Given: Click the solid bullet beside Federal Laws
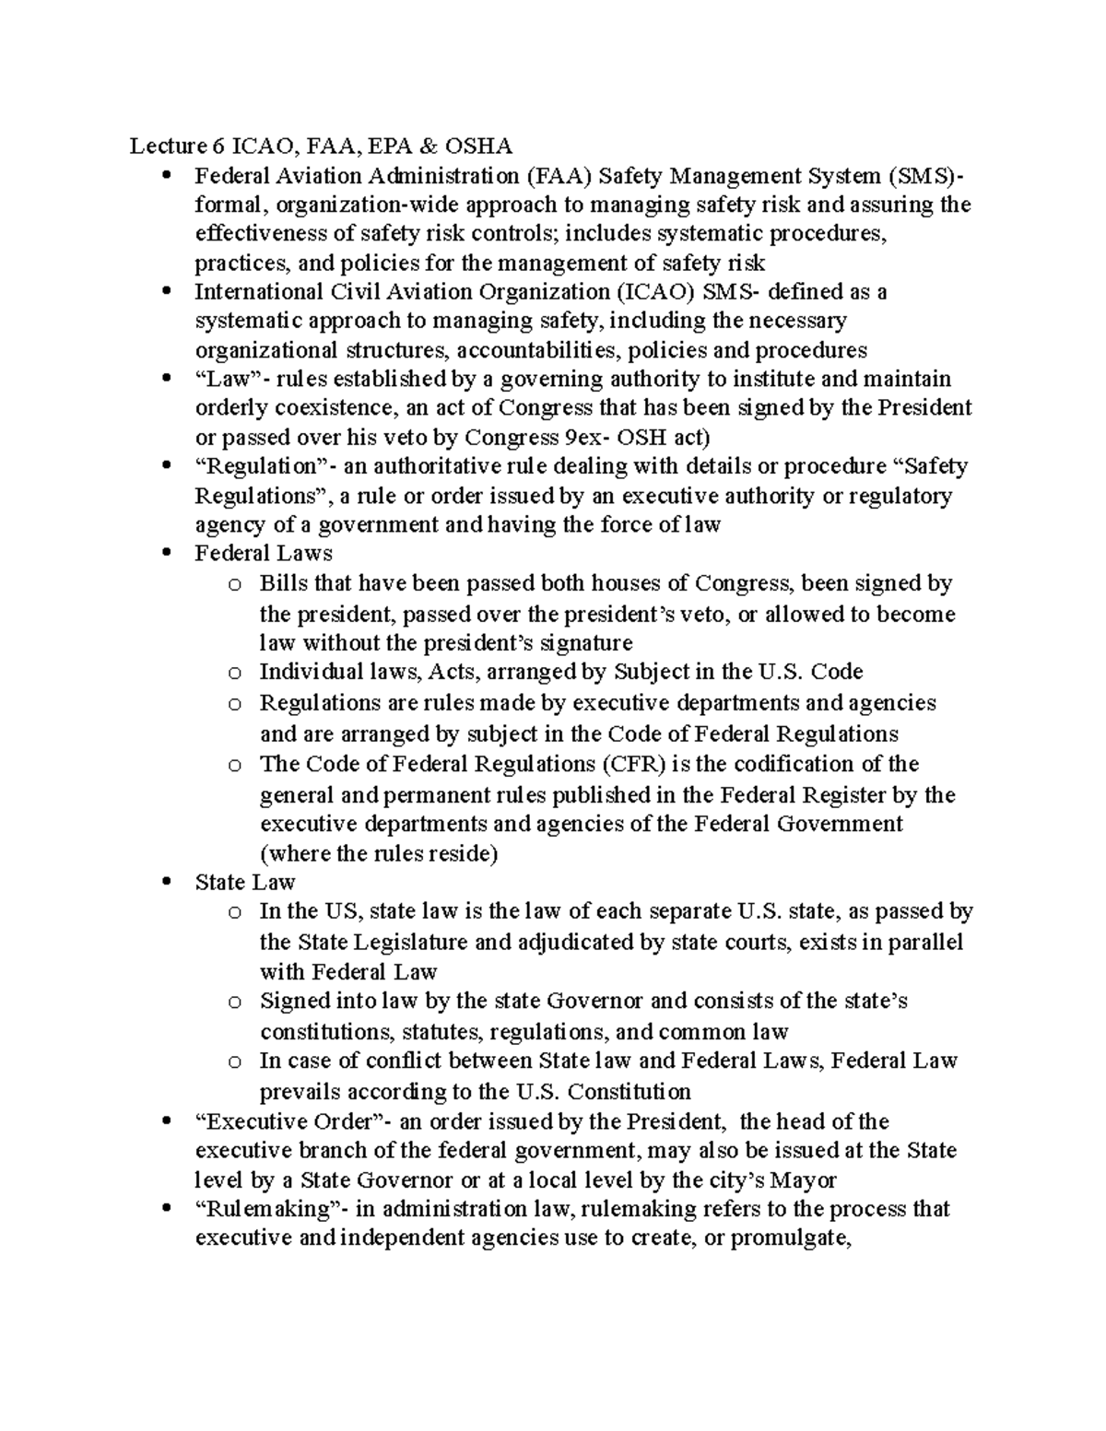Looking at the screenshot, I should tap(167, 554).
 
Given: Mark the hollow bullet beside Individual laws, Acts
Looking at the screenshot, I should tap(234, 673).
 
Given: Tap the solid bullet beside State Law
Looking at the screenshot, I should tap(167, 883).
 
